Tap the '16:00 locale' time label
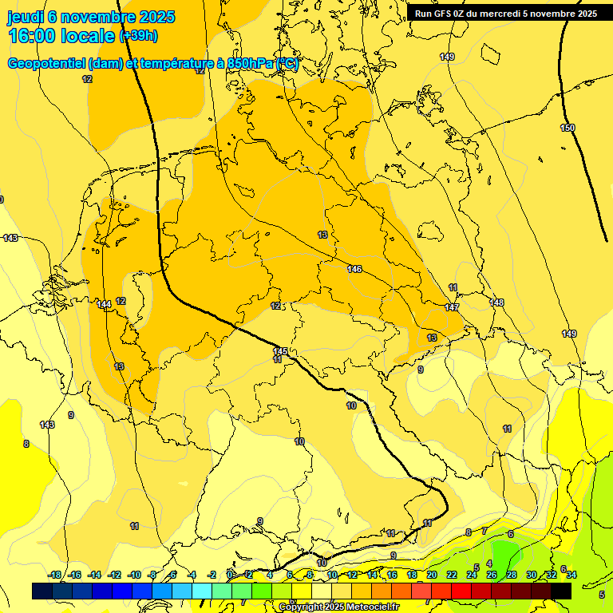point(61,36)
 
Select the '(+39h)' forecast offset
point(138,36)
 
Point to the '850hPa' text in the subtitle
point(248,64)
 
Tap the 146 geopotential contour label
point(354,269)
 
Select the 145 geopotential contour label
point(280,351)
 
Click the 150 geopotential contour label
point(568,129)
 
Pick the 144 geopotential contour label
point(104,304)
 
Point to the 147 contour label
point(452,307)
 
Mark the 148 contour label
point(496,303)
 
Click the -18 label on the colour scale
point(54,575)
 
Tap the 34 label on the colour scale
point(571,575)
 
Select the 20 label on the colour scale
point(432,575)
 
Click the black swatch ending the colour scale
point(561,591)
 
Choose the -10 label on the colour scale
point(134,575)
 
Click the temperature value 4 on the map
point(489,564)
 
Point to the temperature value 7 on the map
point(484,531)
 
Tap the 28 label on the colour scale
point(512,575)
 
